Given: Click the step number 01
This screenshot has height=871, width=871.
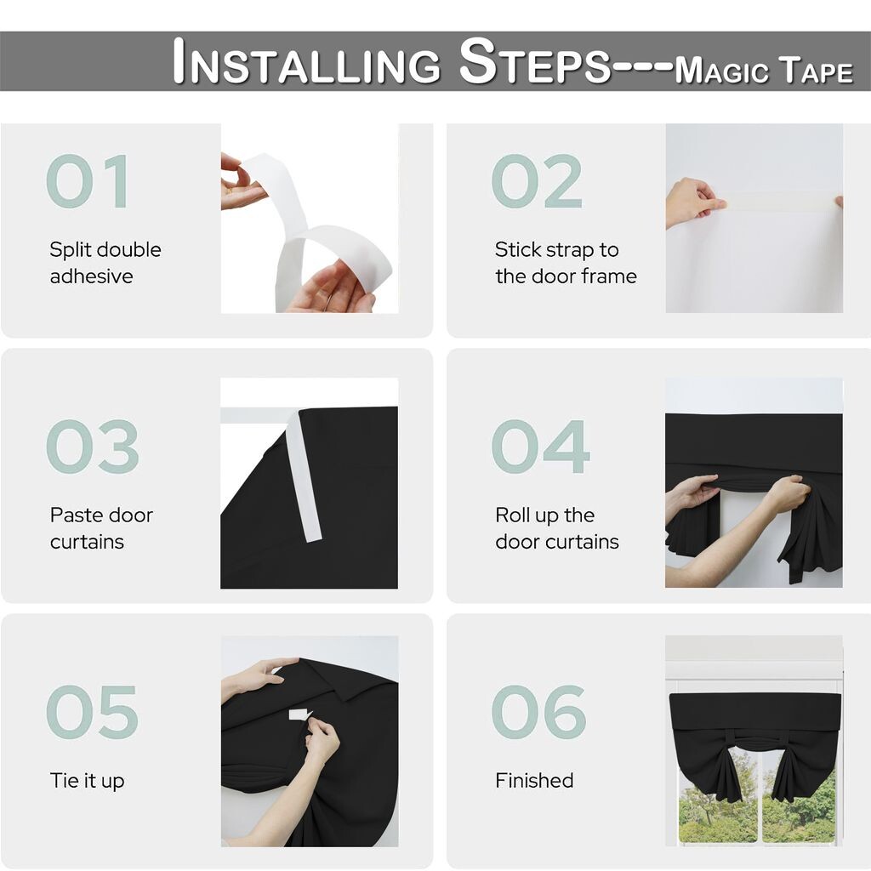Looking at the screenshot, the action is [88, 181].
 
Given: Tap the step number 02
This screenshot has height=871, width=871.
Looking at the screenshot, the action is [537, 181].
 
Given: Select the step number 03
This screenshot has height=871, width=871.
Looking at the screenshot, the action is [92, 447].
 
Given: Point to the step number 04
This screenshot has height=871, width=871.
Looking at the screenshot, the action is [540, 447].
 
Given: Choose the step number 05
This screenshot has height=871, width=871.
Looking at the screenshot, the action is [92, 712].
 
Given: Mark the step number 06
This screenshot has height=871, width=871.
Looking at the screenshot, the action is [538, 712].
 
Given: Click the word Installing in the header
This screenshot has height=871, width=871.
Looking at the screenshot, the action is [306, 61].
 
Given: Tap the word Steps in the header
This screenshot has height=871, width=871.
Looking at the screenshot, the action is [535, 61].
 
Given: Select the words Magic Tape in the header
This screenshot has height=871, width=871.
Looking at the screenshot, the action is [764, 70].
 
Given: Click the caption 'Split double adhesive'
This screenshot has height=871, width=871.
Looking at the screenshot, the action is [105, 263].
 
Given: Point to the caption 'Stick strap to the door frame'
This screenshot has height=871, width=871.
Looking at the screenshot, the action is [566, 263].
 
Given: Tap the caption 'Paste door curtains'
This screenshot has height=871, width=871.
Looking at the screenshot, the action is [101, 528].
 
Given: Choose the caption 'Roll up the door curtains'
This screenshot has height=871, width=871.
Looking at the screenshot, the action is [557, 528].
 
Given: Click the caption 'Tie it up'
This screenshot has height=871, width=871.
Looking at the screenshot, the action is [88, 781].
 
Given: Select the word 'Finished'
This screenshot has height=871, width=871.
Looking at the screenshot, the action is [534, 781].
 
